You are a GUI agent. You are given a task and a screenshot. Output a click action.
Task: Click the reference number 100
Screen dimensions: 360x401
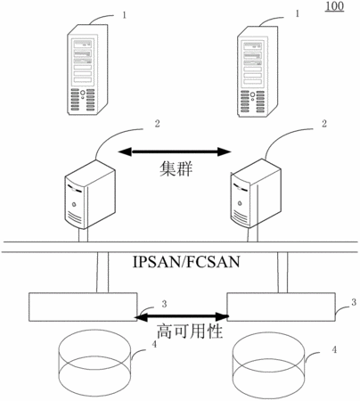tap(334, 6)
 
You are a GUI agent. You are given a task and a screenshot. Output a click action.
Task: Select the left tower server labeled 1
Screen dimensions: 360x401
tap(87, 70)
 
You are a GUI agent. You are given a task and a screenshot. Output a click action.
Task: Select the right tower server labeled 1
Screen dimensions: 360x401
tap(258, 71)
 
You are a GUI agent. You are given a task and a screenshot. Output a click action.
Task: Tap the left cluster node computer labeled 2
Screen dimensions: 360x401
tap(90, 194)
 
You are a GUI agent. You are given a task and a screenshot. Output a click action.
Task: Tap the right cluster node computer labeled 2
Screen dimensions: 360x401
tap(256, 193)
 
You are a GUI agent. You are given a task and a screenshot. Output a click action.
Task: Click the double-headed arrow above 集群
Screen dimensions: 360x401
tap(175, 151)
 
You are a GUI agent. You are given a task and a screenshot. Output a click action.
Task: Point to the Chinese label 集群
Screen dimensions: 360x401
tap(176, 169)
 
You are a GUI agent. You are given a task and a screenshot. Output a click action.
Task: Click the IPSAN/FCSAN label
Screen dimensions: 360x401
tap(186, 262)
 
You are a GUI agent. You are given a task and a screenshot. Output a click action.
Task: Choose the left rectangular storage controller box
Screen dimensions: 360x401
tap(83, 307)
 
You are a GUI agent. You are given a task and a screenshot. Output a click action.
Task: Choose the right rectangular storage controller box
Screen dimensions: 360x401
tap(282, 307)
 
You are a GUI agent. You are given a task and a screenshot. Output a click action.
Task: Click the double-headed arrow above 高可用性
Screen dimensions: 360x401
tap(182, 317)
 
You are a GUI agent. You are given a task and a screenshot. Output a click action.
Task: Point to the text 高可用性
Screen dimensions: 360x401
tap(190, 331)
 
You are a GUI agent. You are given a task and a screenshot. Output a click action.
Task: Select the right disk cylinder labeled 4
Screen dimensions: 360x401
tap(268, 368)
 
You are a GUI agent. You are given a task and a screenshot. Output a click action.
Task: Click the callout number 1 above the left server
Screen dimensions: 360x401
tap(124, 15)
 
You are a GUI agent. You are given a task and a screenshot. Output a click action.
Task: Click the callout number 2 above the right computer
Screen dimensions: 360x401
tap(324, 124)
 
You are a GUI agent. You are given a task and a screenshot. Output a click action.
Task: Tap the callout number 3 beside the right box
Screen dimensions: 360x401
tap(354, 302)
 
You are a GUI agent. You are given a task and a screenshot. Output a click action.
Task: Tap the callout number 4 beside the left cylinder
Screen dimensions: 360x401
tap(154, 344)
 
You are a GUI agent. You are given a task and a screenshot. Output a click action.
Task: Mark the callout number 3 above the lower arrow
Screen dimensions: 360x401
tap(164, 304)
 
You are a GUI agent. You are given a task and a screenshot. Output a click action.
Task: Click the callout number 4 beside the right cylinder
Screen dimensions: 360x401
tap(334, 349)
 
